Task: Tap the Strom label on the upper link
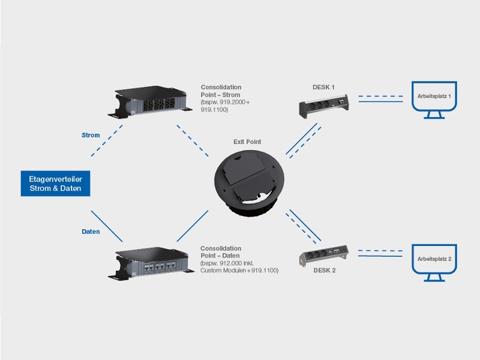point(91,135)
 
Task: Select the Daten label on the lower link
point(91,231)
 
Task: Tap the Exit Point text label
point(247,142)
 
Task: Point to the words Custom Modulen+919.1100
point(239,271)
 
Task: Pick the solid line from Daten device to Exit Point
point(192,226)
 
